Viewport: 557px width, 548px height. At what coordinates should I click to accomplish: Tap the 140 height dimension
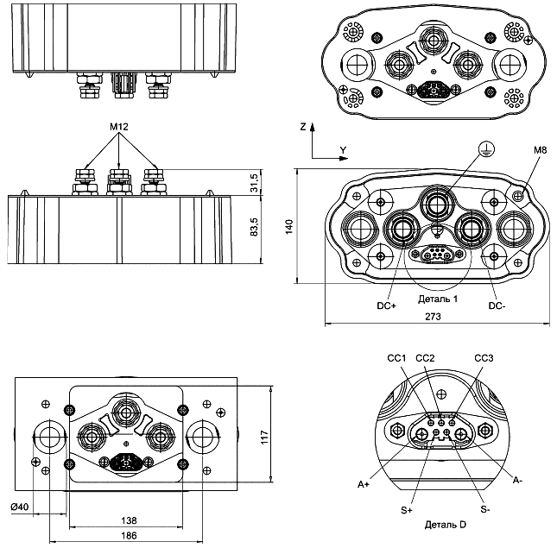[x=291, y=226]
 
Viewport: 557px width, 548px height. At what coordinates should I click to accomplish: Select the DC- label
[x=497, y=305]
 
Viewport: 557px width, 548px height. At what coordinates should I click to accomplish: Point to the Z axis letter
[x=303, y=127]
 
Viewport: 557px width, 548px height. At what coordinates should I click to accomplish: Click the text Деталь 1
[x=438, y=299]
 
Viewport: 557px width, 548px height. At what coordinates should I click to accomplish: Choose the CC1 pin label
[x=396, y=357]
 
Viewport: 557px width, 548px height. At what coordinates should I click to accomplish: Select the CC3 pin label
[x=484, y=357]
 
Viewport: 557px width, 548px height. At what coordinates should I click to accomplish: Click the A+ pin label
[x=364, y=485]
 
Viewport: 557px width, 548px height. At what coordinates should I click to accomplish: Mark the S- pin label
[x=485, y=510]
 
